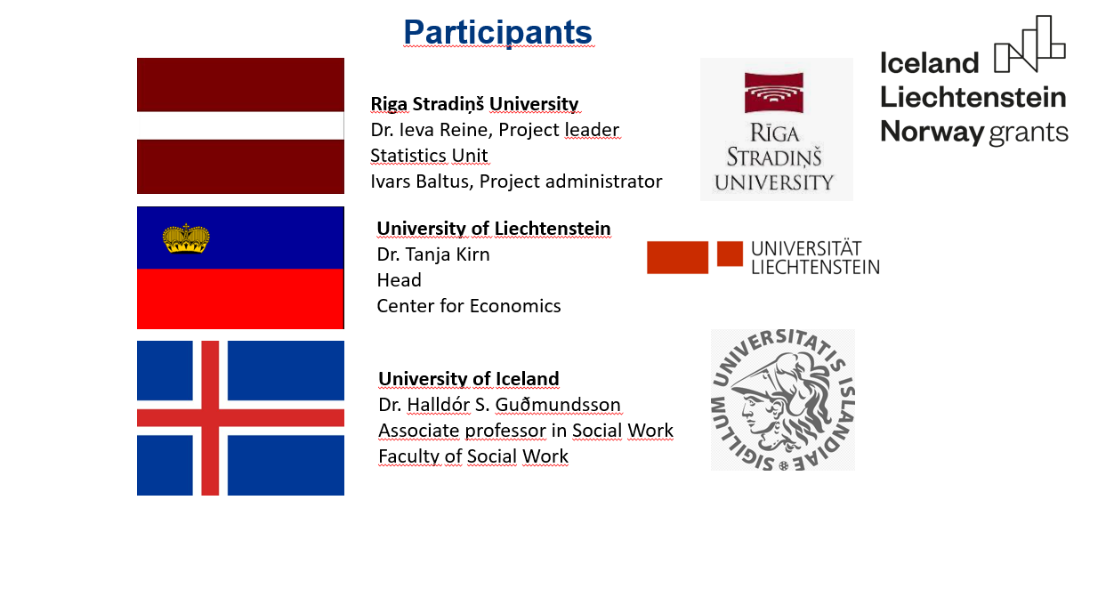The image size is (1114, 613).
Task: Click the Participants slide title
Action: click(497, 32)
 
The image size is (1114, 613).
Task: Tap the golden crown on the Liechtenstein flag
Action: click(186, 238)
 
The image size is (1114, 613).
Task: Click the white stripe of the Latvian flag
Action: click(240, 125)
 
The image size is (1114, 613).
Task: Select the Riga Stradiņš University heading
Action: click(474, 104)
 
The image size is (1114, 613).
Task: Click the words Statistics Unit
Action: click(429, 156)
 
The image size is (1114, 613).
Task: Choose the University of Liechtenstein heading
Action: click(494, 228)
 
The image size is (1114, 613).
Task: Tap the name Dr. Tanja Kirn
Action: click(433, 254)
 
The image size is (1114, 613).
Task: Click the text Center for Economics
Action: click(469, 306)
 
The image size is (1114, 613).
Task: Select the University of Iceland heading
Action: click(469, 378)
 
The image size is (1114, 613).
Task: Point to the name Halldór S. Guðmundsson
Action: click(513, 405)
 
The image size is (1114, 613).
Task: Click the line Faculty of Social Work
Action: click(473, 456)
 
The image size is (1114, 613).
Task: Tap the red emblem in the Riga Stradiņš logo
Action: click(773, 93)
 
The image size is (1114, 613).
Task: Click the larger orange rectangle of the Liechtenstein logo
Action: click(677, 257)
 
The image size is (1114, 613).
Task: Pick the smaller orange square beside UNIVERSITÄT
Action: click(730, 254)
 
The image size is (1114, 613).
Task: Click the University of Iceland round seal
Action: click(783, 399)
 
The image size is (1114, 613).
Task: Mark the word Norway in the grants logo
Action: click(932, 133)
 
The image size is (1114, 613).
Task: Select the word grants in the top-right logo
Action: click(1029, 133)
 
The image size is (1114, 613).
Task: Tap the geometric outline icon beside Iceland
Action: click(1029, 44)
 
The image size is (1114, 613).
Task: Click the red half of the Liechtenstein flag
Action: click(240, 299)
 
